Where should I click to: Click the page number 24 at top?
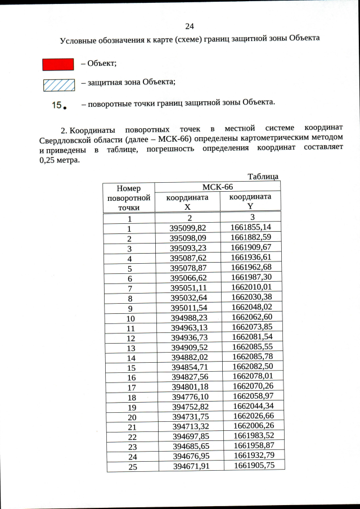click(x=189, y=26)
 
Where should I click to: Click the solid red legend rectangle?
click(x=58, y=64)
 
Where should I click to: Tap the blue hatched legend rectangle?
click(x=58, y=85)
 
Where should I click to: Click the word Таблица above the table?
click(x=263, y=177)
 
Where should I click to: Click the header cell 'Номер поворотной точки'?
click(x=129, y=197)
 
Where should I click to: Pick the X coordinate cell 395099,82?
click(x=188, y=228)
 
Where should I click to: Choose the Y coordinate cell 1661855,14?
click(x=251, y=227)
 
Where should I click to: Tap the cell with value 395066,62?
click(x=188, y=278)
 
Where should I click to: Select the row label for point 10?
click(x=129, y=318)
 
